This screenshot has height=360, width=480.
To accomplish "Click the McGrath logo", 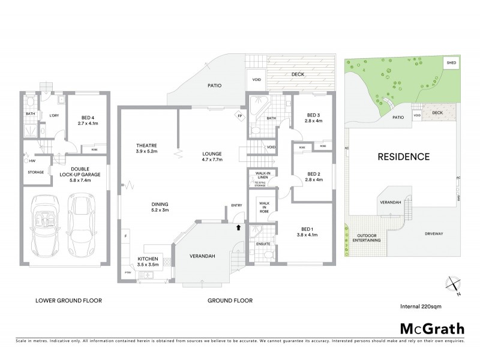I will (x=431, y=328).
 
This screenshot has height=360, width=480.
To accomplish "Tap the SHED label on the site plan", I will (x=449, y=62).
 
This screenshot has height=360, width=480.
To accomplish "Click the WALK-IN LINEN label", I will (x=263, y=174).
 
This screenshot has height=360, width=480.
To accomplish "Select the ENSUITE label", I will (x=263, y=244).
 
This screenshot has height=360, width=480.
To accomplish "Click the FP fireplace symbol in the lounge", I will (x=239, y=115).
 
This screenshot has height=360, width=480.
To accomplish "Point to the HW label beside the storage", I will (x=32, y=161).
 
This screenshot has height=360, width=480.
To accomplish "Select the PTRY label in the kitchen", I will (x=128, y=273).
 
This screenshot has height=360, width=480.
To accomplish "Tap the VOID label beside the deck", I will (x=256, y=79).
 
